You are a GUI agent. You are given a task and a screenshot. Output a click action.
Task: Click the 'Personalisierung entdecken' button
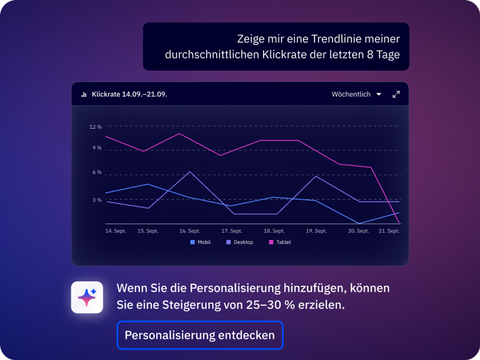tap(200, 335)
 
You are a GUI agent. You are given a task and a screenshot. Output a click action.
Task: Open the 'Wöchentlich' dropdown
tap(356, 94)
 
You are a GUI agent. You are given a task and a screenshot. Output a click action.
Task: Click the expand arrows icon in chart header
tap(396, 94)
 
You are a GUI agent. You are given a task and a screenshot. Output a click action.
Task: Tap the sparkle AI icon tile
tap(87, 297)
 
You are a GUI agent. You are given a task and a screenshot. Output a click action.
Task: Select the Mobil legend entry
tap(201, 242)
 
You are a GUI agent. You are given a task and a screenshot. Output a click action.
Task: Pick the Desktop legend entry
tap(240, 242)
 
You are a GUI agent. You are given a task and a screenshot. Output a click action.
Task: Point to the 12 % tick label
tap(95, 127)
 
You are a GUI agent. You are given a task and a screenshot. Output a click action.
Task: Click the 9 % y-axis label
tap(97, 148)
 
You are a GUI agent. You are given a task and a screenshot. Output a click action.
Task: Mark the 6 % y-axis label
tap(97, 172)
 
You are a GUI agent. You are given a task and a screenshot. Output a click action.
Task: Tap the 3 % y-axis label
tap(97, 200)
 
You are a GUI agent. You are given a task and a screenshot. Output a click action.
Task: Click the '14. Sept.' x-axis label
tap(116, 231)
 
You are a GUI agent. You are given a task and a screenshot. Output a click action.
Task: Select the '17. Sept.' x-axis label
tap(232, 231)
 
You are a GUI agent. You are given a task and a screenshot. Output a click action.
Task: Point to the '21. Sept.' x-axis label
tap(389, 231)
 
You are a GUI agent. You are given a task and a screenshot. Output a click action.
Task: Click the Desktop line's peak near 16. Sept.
tap(190, 172)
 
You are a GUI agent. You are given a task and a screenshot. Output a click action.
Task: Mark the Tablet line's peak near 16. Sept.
tap(179, 133)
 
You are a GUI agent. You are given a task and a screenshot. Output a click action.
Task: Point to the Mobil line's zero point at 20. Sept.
tap(359, 223)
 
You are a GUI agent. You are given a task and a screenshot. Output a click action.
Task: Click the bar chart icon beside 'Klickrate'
tap(84, 94)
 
